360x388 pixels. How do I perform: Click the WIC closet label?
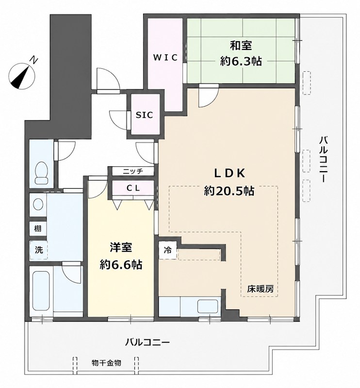[165, 58]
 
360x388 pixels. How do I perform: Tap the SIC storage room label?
[145, 115]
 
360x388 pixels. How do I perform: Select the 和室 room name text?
[241, 46]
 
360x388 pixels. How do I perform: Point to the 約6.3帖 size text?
[241, 61]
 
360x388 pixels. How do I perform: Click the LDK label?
[229, 174]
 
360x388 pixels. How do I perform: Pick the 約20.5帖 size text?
[229, 191]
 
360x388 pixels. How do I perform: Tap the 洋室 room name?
[121, 248]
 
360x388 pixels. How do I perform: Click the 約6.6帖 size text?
[121, 265]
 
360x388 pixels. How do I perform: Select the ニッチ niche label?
[133, 171]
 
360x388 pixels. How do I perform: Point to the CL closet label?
[133, 188]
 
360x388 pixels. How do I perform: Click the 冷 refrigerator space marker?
[167, 250]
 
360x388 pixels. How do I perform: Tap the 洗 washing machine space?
[38, 250]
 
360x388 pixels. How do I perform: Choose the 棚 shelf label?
[38, 228]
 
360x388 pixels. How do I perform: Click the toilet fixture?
[41, 173]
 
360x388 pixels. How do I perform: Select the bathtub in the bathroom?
[41, 292]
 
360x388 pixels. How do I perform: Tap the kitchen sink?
[208, 307]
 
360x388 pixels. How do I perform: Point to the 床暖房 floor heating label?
[260, 289]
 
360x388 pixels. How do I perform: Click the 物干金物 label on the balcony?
[106, 363]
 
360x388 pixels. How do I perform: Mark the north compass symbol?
[22, 76]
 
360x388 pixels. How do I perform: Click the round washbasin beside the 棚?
[38, 205]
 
